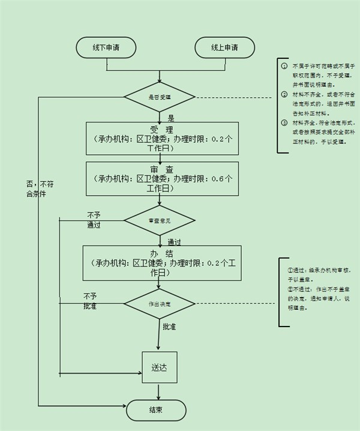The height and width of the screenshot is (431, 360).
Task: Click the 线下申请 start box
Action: tap(106, 47)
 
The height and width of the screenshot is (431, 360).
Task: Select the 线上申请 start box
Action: tap(224, 47)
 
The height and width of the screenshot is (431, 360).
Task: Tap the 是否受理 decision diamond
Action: tap(160, 96)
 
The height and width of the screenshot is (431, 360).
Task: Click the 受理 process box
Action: tap(162, 139)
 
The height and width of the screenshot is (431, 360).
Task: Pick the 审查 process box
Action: tap(162, 178)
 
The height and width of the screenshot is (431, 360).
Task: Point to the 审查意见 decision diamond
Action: tap(160, 220)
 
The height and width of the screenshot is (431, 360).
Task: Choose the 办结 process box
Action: tap(162, 263)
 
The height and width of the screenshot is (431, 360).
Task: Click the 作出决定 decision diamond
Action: tap(160, 304)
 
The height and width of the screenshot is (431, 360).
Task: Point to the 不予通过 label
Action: tap(94, 220)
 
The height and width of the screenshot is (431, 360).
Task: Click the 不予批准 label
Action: tap(90, 301)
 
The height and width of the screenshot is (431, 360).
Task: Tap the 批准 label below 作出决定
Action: tap(170, 327)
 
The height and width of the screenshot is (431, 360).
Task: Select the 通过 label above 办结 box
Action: tap(175, 242)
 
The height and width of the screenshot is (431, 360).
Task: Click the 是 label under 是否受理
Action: tap(171, 118)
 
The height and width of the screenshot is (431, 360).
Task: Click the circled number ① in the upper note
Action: tap(284, 65)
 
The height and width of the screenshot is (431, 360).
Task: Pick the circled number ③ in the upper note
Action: tap(284, 122)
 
